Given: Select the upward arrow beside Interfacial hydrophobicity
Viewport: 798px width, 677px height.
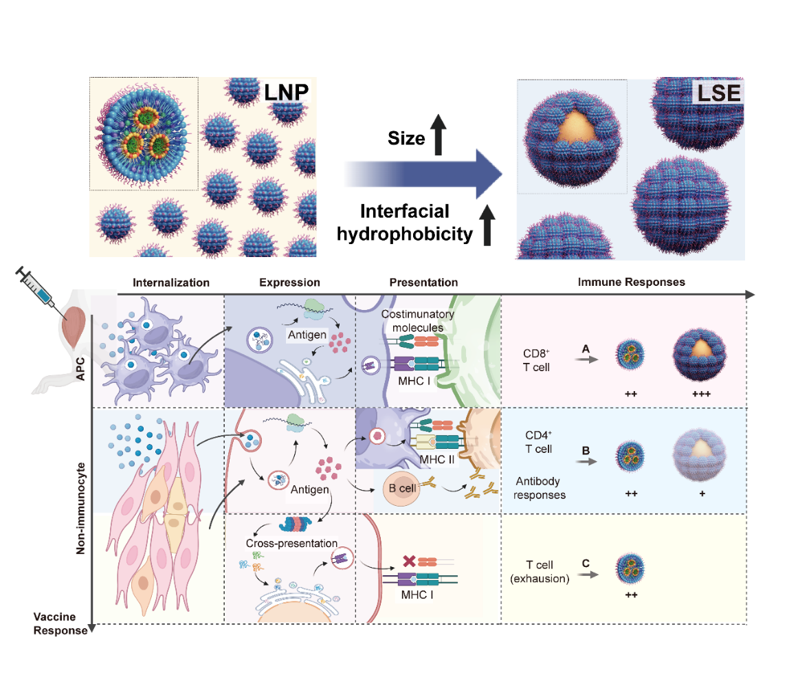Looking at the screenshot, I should [x=488, y=224].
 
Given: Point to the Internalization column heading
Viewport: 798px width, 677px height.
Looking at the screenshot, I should [x=170, y=282].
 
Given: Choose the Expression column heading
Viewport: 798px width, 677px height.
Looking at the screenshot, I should [x=289, y=282].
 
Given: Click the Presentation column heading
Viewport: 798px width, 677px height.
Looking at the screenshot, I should [x=423, y=282].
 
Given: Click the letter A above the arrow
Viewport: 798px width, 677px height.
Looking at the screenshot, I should [x=586, y=349].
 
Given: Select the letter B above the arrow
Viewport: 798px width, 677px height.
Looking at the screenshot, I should [x=586, y=452].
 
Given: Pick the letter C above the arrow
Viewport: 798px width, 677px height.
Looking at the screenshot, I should [x=586, y=563].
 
